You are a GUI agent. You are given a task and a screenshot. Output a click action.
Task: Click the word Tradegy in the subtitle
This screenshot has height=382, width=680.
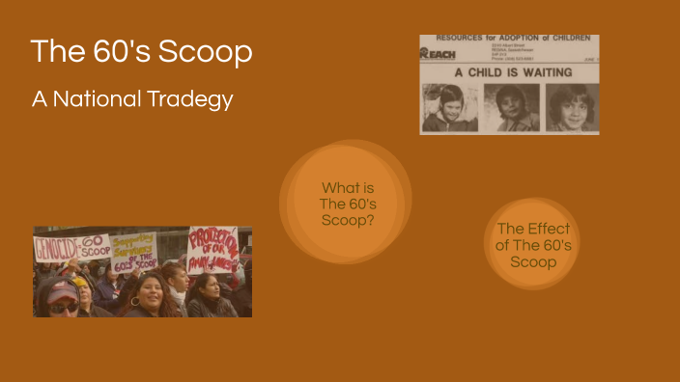197,99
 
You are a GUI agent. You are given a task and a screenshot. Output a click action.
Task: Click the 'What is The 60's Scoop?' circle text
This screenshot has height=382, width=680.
347,204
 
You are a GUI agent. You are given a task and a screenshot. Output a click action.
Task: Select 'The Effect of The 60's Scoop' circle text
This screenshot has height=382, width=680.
533,245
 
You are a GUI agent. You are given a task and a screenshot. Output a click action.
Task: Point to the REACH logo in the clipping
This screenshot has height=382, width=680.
438,54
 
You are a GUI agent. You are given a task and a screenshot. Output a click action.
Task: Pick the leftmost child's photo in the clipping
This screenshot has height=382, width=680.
450,106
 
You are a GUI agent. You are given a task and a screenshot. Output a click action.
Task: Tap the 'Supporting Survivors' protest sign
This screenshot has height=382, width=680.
133,252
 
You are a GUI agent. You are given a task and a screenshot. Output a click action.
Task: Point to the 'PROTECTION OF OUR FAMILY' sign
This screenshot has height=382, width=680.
212,249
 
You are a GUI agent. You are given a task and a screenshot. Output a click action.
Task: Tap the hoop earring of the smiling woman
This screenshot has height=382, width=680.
135,302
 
